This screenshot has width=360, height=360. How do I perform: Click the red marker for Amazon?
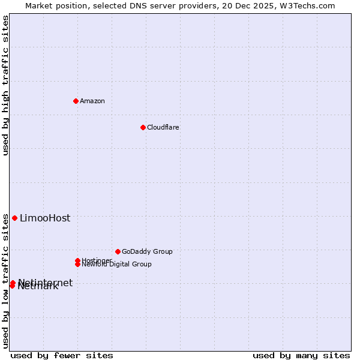tap(76, 101)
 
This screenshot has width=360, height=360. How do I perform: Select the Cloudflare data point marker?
tap(143, 127)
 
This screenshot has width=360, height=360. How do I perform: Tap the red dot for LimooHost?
tap(14, 218)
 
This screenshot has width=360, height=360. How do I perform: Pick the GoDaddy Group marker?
tap(118, 251)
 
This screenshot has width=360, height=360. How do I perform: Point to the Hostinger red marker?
tap(77, 260)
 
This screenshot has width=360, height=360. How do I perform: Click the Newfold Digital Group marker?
tap(77, 264)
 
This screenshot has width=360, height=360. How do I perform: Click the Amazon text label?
tap(92, 101)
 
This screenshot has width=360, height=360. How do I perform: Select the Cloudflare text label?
tap(163, 127)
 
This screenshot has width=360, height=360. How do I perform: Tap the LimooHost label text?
tap(45, 218)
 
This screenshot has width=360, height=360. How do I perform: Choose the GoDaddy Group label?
tap(147, 251)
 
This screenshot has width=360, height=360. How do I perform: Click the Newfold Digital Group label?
tap(116, 264)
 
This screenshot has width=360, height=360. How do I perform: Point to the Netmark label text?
tap(38, 286)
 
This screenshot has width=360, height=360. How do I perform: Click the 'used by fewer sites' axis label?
tap(62, 355)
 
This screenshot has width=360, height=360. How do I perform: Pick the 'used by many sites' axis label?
tap(301, 355)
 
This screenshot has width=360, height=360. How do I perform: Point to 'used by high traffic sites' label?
tap(5, 85)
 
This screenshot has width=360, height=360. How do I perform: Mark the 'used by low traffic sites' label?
tap(5, 281)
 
